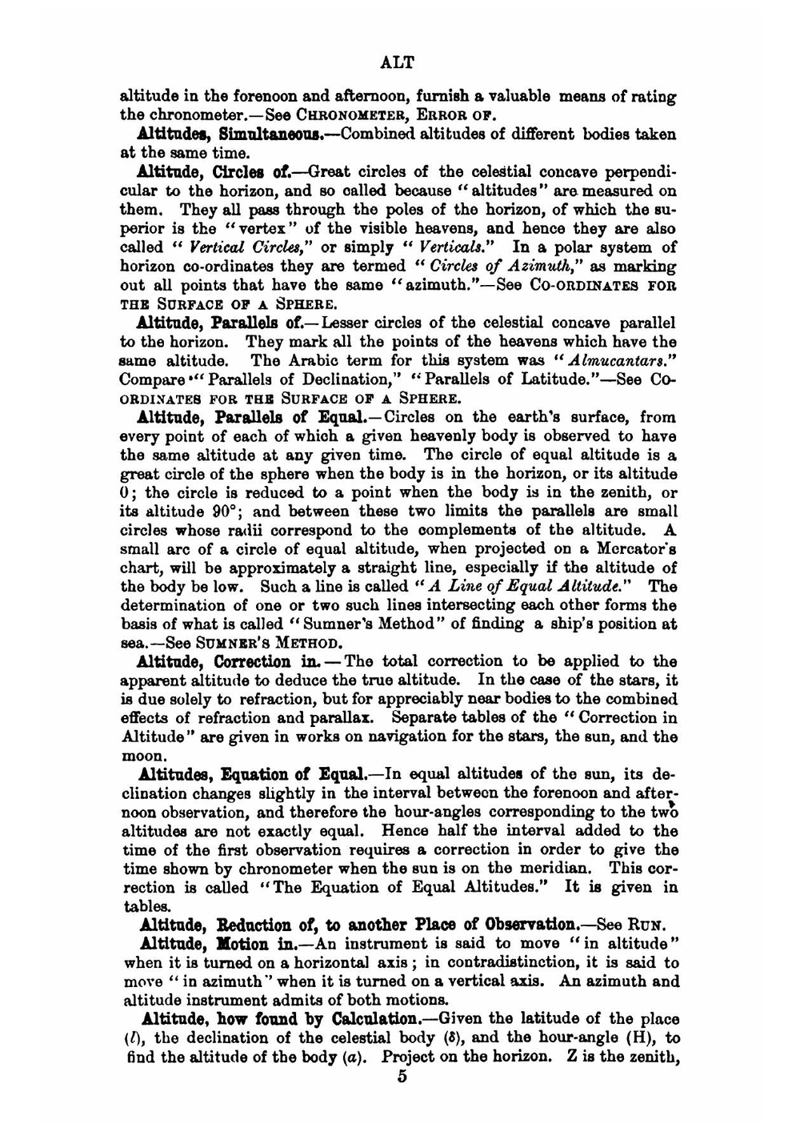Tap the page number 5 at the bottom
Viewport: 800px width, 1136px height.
click(402, 1077)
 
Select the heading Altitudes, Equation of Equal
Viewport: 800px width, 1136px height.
click(254, 775)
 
